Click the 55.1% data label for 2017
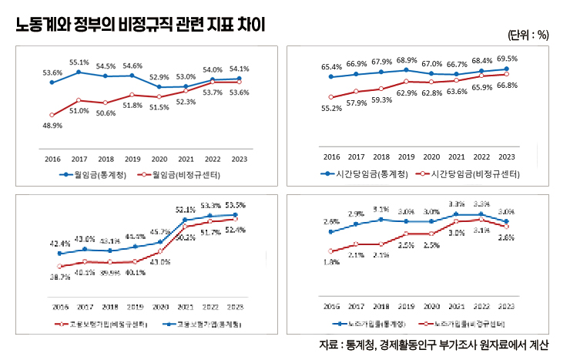(x=79, y=62)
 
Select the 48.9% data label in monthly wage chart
(x=52, y=126)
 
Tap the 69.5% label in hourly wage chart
(x=507, y=59)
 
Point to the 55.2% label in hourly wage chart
(x=331, y=109)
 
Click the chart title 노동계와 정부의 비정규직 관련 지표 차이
(x=140, y=24)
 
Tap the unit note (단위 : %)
(x=528, y=35)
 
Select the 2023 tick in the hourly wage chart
(x=507, y=156)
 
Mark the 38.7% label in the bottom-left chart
(x=59, y=276)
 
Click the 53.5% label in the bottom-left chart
(x=236, y=205)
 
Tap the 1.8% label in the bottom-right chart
(x=331, y=262)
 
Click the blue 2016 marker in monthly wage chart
(x=52, y=82)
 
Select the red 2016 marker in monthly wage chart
(x=52, y=115)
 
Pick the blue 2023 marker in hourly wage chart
(x=506, y=69)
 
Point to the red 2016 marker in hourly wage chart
(x=330, y=97)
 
